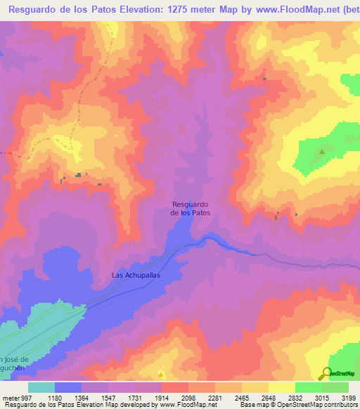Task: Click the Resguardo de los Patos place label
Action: pos(191,208)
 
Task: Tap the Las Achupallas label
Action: pos(136,275)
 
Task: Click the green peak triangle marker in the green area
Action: pos(323,151)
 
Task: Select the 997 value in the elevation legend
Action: pos(27,397)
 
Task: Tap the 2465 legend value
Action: pos(241,397)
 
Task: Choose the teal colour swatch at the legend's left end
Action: pos(41,387)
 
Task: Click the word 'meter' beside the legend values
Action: pos(11,397)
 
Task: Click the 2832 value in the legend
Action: pos(295,397)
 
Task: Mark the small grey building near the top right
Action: pos(264,79)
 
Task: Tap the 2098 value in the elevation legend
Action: pos(188,397)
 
